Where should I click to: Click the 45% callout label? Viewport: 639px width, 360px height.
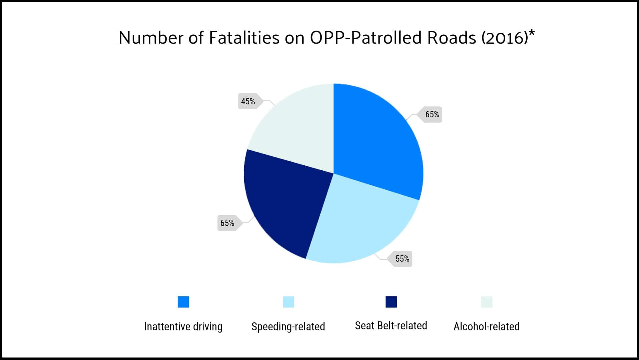[x=248, y=101]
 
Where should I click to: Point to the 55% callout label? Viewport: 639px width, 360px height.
[x=402, y=259]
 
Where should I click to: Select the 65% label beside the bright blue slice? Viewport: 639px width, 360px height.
[x=432, y=115]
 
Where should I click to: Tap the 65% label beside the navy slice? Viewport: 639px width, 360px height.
[x=227, y=223]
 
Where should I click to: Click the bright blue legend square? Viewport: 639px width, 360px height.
[x=183, y=302]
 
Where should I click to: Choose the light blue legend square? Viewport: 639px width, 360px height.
[x=288, y=302]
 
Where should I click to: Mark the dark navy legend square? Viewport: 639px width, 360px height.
[x=391, y=302]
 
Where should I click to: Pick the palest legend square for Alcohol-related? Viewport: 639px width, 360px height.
[x=487, y=302]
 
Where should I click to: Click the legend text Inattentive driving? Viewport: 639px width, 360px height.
[x=183, y=327]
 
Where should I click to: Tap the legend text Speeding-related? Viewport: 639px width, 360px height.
[x=288, y=327]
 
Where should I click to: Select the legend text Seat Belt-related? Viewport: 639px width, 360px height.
[x=391, y=326]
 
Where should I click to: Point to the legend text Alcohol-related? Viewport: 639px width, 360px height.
[x=486, y=327]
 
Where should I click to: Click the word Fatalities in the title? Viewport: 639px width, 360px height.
[x=244, y=38]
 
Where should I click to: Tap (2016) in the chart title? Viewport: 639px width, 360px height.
[x=505, y=38]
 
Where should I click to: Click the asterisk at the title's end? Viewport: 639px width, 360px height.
[x=532, y=33]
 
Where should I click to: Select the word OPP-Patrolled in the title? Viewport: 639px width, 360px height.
[x=366, y=38]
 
